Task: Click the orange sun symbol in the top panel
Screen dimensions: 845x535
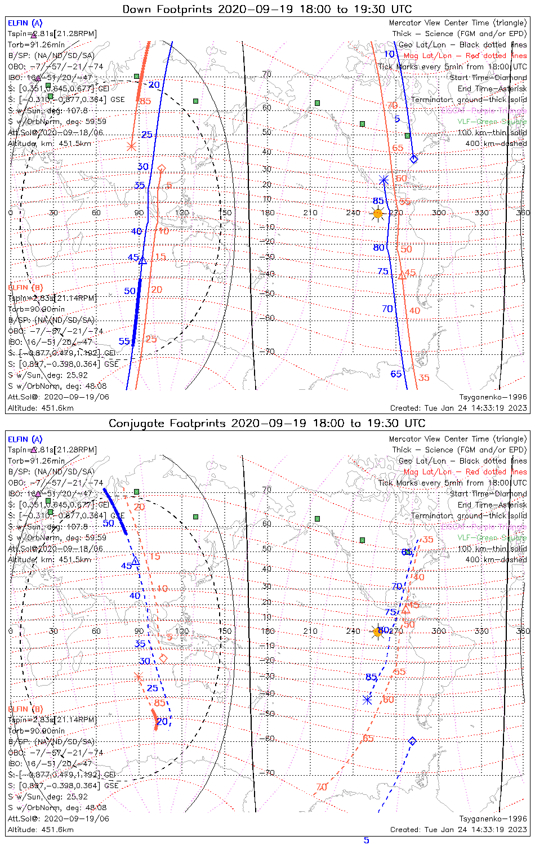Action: point(378,214)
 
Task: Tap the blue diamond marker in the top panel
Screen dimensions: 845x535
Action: point(414,159)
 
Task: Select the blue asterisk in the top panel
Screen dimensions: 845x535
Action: point(384,180)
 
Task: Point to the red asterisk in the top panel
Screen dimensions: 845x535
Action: point(131,146)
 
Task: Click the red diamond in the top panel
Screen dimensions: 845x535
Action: point(162,168)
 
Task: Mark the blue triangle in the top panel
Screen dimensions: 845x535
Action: point(142,260)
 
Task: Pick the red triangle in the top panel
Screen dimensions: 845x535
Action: point(402,275)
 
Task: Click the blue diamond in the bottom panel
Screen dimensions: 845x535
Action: point(412,741)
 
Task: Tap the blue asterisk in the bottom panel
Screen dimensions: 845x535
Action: point(367,700)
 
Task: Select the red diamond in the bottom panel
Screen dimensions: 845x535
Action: point(163,658)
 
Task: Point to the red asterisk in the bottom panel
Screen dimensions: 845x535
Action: point(139,677)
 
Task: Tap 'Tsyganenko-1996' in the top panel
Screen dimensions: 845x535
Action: point(493,397)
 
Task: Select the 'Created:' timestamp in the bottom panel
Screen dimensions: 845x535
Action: point(458,829)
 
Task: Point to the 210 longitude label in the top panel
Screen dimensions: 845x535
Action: point(310,213)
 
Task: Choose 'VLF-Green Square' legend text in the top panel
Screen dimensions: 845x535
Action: point(492,122)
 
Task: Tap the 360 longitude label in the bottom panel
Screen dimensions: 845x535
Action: point(523,631)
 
